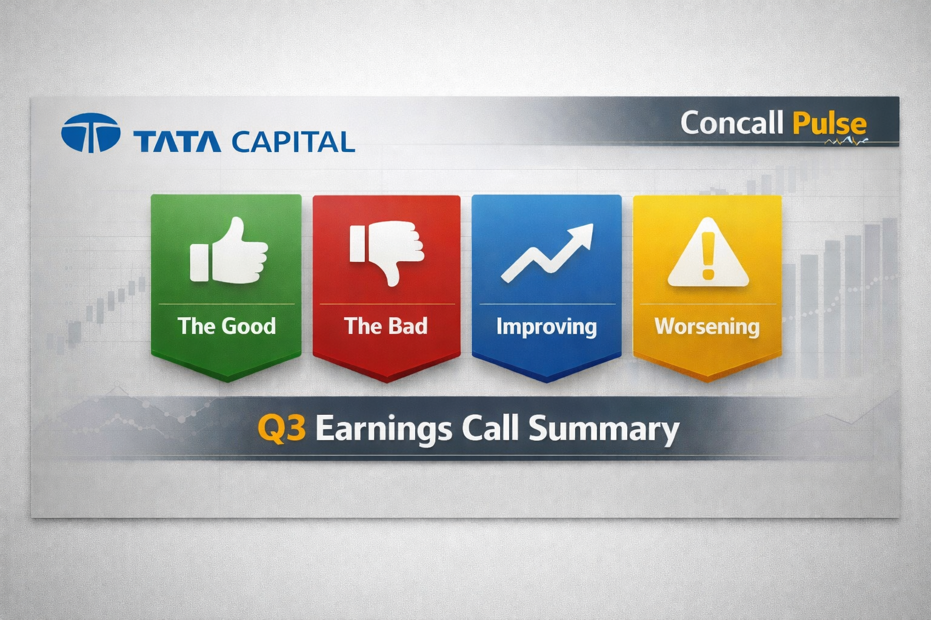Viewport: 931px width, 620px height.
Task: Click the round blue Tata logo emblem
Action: (90, 133)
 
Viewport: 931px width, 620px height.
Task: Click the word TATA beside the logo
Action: (177, 142)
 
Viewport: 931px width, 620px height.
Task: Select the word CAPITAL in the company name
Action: (293, 142)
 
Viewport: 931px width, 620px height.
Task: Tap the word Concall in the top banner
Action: (732, 122)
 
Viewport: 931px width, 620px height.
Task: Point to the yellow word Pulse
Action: (829, 124)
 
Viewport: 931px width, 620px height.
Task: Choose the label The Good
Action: (227, 326)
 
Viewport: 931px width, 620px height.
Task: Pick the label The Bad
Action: (385, 326)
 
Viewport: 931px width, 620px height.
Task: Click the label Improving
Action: (547, 327)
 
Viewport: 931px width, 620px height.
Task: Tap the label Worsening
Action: (707, 327)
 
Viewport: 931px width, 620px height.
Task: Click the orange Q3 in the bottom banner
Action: (282, 429)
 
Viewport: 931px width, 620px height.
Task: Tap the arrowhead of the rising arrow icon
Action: (582, 234)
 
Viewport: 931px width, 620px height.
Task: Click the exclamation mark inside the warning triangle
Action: (708, 256)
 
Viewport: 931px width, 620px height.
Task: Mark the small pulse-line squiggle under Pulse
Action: (846, 142)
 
